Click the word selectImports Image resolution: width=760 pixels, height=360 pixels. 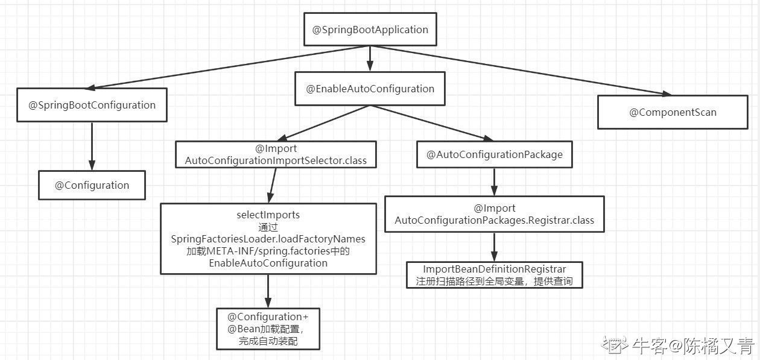click(x=268, y=215)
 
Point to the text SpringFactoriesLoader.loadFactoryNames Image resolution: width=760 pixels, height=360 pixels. click(x=268, y=239)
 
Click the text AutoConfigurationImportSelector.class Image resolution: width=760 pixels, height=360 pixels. click(x=276, y=160)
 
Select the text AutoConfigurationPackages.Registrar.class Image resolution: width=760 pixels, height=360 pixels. click(x=495, y=220)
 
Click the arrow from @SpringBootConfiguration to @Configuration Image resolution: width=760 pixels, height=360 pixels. click(x=92, y=147)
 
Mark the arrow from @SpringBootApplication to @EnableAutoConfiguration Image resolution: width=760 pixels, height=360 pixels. click(x=370, y=58)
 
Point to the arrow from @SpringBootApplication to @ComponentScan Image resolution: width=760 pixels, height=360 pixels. click(x=521, y=70)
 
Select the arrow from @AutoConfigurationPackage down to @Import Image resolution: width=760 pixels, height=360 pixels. click(x=495, y=182)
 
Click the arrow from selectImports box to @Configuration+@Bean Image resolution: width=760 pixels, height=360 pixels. click(x=268, y=291)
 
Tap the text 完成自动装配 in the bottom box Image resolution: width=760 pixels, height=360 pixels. click(x=268, y=341)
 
